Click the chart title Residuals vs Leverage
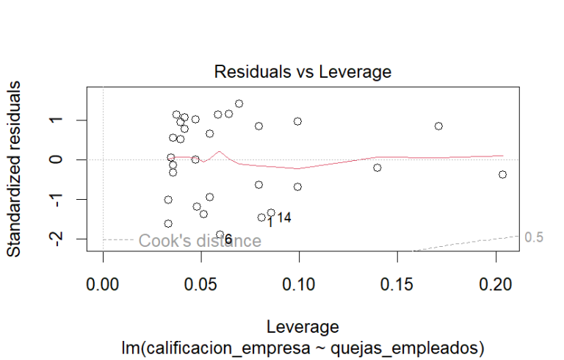coord(303,72)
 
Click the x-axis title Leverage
coord(303,325)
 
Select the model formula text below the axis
coord(303,345)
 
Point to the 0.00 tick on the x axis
coord(103,284)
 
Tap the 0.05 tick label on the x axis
coord(201,284)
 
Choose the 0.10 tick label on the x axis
coord(300,284)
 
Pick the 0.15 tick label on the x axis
coord(398,284)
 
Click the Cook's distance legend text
coord(200,241)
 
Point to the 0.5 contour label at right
coord(534,237)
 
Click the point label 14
coord(284,217)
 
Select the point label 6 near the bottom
coord(228,240)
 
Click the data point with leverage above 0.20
coord(502,174)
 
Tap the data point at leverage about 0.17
coord(438,126)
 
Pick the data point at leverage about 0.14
coord(377,168)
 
